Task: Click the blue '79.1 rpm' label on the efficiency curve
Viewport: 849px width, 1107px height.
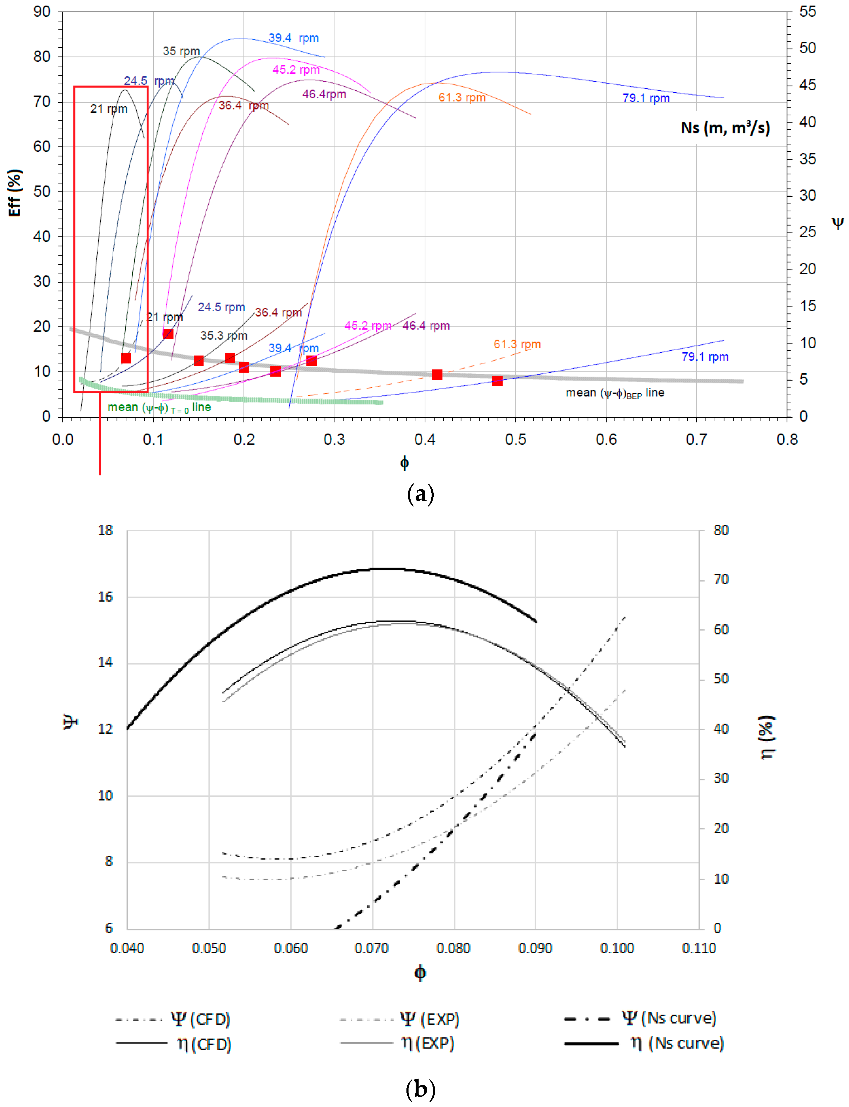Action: (x=645, y=98)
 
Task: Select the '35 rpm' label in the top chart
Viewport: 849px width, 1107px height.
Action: (x=181, y=51)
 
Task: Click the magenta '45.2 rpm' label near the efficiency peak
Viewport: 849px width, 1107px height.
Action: (x=296, y=70)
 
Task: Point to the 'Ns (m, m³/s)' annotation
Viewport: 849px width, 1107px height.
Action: (x=725, y=128)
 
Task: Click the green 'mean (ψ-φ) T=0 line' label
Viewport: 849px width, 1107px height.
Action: (x=159, y=407)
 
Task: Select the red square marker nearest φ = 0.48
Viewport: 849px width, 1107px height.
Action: (x=497, y=380)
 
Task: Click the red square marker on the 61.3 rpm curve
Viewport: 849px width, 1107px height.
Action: (x=437, y=375)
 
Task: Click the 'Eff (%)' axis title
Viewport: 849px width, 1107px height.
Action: (x=15, y=193)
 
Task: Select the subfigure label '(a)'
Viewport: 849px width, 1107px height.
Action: (x=420, y=494)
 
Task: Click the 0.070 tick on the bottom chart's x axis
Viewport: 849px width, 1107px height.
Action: (x=372, y=948)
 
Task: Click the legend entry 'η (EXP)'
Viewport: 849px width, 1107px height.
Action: (x=427, y=1043)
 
